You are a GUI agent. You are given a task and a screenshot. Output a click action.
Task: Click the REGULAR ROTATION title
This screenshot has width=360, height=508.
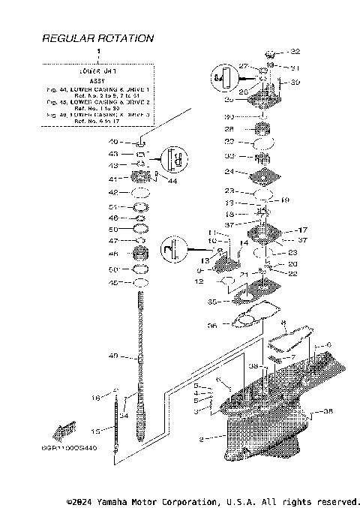98,38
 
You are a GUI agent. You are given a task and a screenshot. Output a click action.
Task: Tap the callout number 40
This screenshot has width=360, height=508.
113,142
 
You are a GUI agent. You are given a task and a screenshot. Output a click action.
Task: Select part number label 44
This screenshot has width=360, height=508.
172,182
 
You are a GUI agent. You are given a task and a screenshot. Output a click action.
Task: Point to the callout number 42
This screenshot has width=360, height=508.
113,193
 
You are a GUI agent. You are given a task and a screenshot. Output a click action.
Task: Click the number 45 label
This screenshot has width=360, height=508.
113,283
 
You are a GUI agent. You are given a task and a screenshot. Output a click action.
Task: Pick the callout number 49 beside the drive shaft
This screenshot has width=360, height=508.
113,356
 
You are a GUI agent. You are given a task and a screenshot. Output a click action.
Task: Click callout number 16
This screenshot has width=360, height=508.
96,398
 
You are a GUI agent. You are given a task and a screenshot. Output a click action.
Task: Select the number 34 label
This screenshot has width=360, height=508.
124,415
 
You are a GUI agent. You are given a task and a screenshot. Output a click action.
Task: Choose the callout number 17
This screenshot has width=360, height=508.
304,230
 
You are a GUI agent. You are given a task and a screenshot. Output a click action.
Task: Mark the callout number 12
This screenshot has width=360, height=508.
199,281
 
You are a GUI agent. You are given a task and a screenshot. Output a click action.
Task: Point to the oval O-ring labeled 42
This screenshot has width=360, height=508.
140,193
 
